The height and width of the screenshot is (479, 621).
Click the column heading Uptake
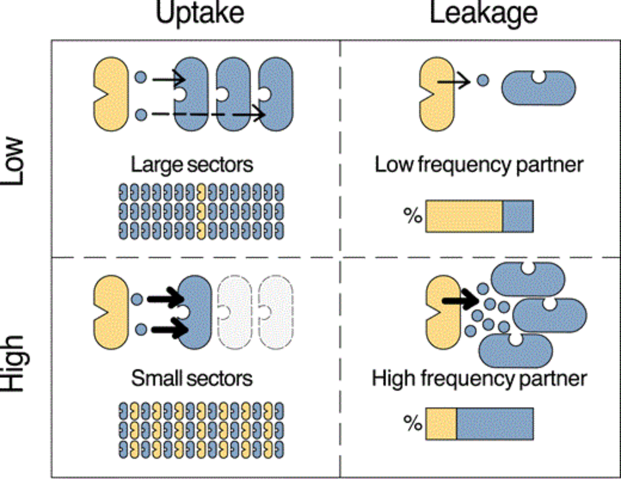[x=200, y=14]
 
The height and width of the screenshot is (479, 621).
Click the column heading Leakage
[x=483, y=14]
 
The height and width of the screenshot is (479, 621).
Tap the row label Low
[x=12, y=162]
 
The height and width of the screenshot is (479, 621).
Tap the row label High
[x=14, y=363]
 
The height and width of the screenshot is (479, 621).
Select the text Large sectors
[x=192, y=165]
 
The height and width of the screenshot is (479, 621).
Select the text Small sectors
[x=192, y=378]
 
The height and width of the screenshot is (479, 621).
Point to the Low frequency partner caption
[x=479, y=165]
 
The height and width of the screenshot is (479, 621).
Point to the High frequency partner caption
[x=479, y=378]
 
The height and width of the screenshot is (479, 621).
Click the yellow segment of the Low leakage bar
[x=464, y=216]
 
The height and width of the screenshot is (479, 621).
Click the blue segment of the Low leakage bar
[x=518, y=216]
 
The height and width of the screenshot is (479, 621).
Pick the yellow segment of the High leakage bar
[x=441, y=424]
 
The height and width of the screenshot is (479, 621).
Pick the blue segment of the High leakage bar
[x=495, y=424]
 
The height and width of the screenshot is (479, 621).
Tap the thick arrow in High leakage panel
[x=461, y=300]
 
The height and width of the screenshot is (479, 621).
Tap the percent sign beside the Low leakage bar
[x=413, y=216]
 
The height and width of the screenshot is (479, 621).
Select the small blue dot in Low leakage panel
[x=483, y=80]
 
